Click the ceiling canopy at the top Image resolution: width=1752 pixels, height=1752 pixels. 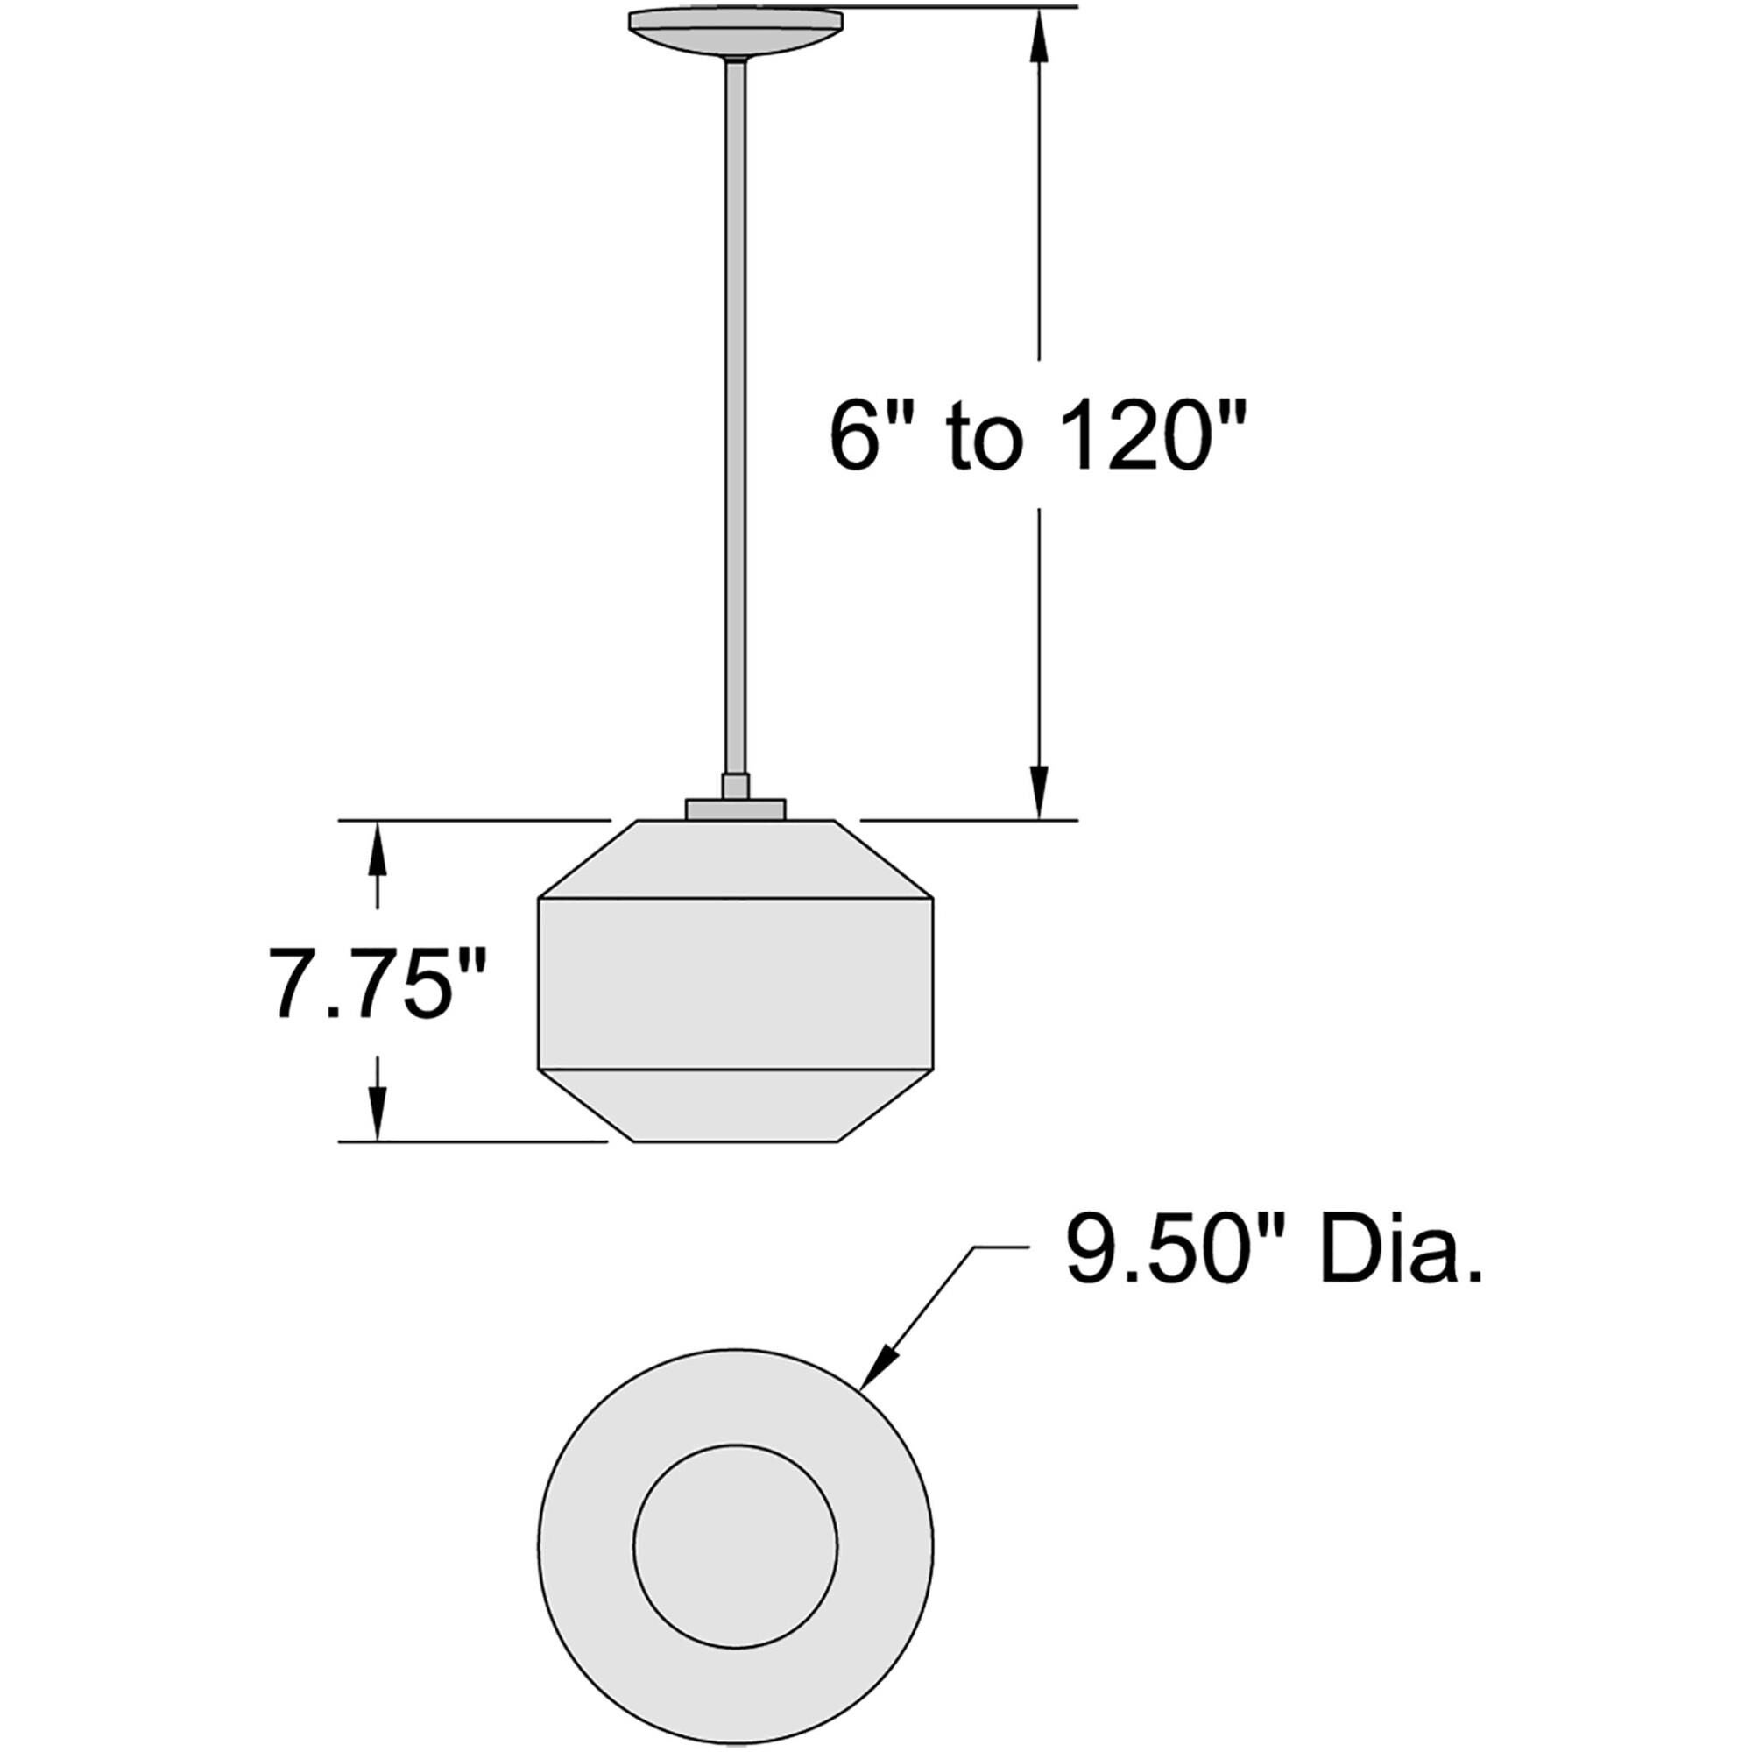pos(736,27)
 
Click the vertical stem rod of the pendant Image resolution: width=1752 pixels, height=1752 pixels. pos(736,408)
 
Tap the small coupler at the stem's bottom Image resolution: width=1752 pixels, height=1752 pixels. pos(736,785)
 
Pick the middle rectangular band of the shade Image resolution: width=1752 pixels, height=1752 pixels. pos(736,983)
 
